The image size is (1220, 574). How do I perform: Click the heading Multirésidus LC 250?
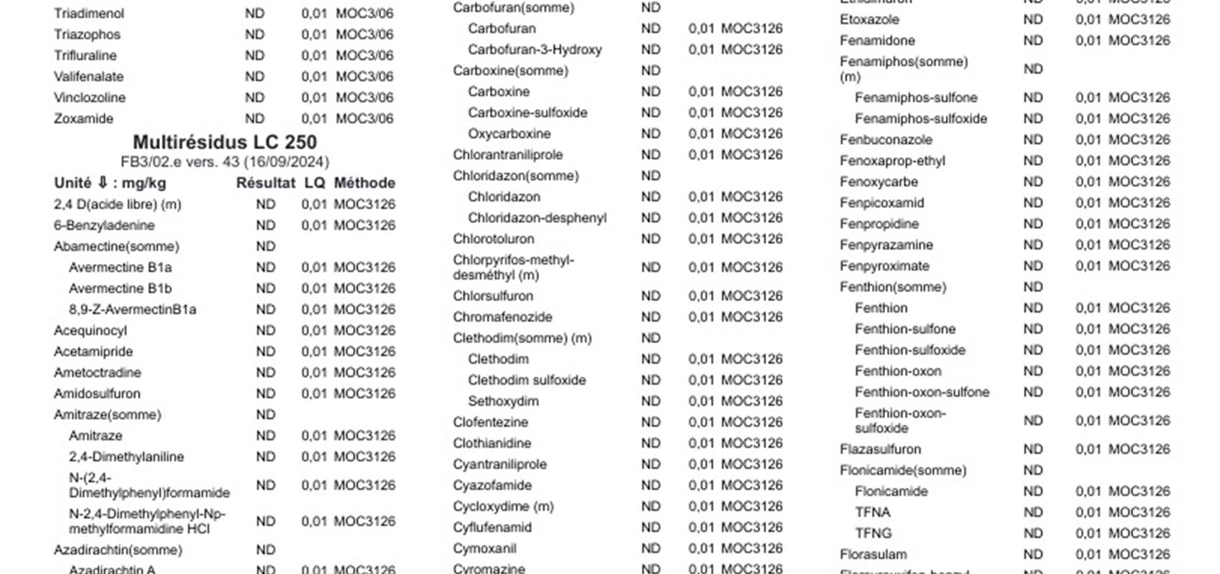point(225,142)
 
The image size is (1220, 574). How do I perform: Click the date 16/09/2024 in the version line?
point(286,162)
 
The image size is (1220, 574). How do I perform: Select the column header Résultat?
point(266,183)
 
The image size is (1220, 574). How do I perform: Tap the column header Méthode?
point(365,183)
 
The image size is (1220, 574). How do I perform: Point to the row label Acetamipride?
point(93,352)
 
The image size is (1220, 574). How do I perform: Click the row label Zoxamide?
point(83,118)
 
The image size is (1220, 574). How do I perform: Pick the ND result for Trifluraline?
point(255,55)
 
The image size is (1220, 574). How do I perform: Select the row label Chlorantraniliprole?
point(507,155)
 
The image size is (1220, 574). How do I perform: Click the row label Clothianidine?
point(492,443)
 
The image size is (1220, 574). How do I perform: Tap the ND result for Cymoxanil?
point(651,548)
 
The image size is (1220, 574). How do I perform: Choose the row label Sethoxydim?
point(503,401)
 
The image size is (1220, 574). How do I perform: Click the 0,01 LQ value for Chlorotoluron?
point(700,239)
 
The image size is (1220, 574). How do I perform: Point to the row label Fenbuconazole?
point(886,140)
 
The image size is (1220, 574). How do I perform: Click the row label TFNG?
point(873,533)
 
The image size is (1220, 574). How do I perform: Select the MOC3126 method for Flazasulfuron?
point(1139,449)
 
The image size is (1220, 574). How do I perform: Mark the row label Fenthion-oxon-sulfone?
point(921,392)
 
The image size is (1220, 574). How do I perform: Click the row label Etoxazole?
point(869,19)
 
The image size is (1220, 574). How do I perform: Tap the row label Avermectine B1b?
point(120,288)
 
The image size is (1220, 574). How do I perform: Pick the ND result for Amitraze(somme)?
point(266,415)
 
